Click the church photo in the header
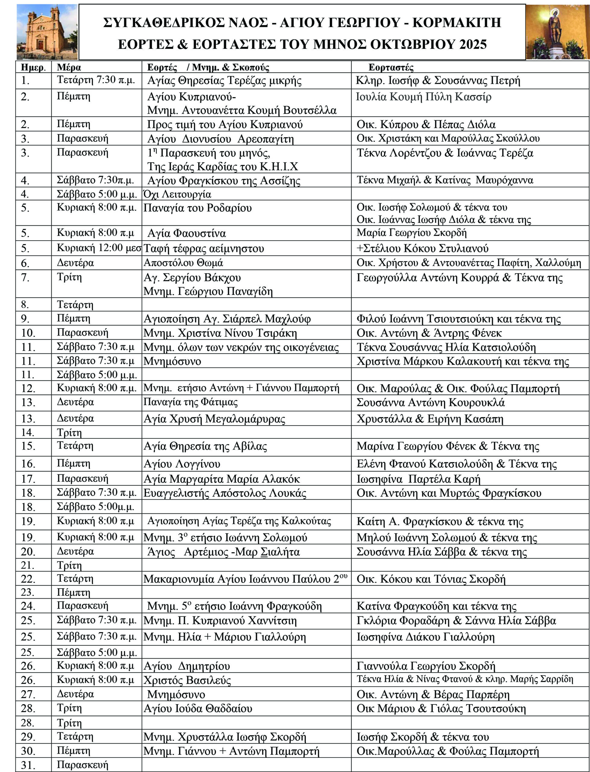point(47,32)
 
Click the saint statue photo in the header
point(557,32)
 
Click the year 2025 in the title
point(473,45)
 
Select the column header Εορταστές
point(391,68)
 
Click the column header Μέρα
point(69,68)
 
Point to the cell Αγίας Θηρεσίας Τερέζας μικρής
point(224,81)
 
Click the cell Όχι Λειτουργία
point(177,194)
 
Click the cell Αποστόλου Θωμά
point(183,263)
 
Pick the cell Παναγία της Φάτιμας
point(190,402)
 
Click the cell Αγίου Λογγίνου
point(182,464)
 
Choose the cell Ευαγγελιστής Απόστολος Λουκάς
point(225,493)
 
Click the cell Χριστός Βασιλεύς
point(187,680)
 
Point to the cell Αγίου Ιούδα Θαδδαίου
point(198,708)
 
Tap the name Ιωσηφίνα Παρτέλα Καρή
point(418,479)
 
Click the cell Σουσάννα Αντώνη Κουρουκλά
point(430,402)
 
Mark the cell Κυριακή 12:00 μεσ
point(99,248)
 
